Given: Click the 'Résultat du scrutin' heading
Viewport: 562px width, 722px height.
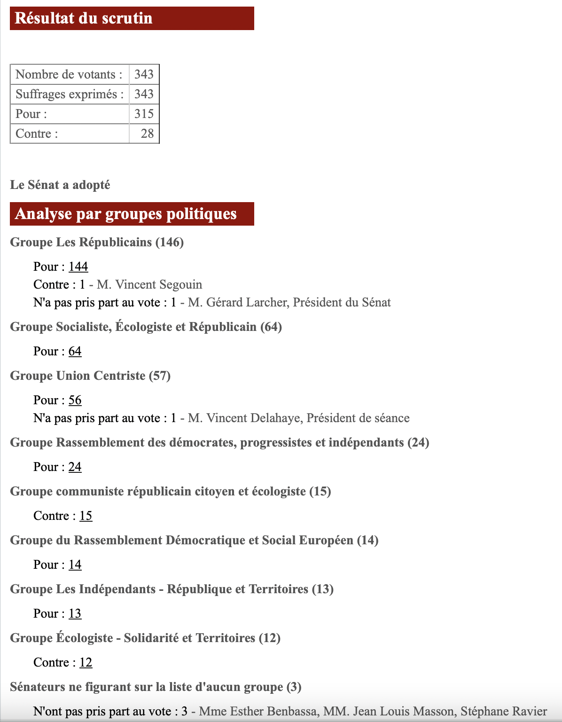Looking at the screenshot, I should pyautogui.click(x=84, y=18).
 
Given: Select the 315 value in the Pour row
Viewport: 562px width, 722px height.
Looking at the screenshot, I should pyautogui.click(x=144, y=114).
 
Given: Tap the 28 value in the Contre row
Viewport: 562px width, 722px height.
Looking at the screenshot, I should pyautogui.click(x=147, y=133).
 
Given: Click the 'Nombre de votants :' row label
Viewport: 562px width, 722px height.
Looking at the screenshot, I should pyautogui.click(x=69, y=74).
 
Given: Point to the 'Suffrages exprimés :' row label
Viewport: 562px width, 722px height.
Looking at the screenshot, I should pyautogui.click(x=70, y=94).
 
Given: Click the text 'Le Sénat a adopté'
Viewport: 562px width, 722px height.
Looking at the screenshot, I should pyautogui.click(x=60, y=185).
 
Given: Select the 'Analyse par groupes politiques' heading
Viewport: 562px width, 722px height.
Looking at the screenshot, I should pyautogui.click(x=126, y=214).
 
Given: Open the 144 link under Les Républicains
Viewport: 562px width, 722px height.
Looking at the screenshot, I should pyautogui.click(x=78, y=267).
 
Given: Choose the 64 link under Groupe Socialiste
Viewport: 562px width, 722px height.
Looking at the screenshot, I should pyautogui.click(x=75, y=351).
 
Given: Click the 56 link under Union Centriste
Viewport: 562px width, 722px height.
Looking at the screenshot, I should pyautogui.click(x=75, y=400).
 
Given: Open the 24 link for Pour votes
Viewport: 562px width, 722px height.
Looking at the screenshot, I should pyautogui.click(x=75, y=467).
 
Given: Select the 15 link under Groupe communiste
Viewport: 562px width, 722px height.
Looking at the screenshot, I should pyautogui.click(x=86, y=516).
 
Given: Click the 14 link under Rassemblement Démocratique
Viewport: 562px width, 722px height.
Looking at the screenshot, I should pyautogui.click(x=75, y=565).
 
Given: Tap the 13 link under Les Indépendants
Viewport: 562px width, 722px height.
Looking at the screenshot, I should pyautogui.click(x=75, y=613).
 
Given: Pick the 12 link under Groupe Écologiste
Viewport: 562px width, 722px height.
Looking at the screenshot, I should pyautogui.click(x=86, y=662).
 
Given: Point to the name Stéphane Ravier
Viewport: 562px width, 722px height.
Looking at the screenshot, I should pyautogui.click(x=503, y=711).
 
